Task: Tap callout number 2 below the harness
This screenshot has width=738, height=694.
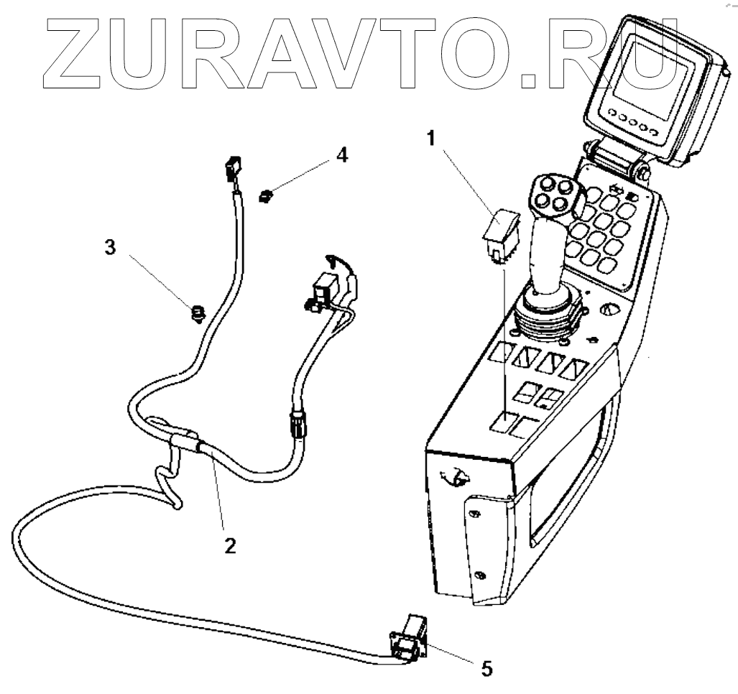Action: (x=229, y=545)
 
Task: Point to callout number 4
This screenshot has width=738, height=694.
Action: (x=343, y=154)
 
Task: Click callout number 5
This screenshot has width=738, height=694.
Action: (x=486, y=668)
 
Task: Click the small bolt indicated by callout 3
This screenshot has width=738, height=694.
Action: (x=195, y=313)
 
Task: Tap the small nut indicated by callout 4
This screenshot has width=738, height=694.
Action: (x=267, y=194)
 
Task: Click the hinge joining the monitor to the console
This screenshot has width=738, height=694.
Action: (x=617, y=159)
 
